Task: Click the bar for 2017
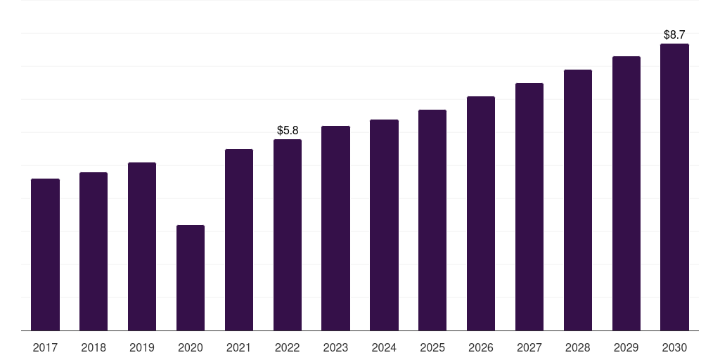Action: [x=45, y=255]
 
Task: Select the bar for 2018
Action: [x=94, y=251]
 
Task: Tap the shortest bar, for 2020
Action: [x=191, y=278]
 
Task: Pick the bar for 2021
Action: [x=239, y=240]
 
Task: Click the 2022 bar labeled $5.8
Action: [x=288, y=235]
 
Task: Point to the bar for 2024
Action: [x=385, y=225]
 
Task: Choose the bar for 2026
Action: [x=481, y=214]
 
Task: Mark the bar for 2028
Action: [x=578, y=200]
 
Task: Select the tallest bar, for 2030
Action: [x=674, y=187]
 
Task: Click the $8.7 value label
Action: [x=674, y=35]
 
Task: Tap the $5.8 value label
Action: [x=288, y=130]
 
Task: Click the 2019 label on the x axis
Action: [x=142, y=347]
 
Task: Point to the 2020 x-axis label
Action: [x=191, y=347]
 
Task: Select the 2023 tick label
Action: [x=335, y=347]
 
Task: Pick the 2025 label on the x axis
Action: [x=432, y=347]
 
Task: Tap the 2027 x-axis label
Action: [x=529, y=347]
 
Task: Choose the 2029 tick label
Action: [x=626, y=347]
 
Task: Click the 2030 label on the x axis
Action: [x=674, y=347]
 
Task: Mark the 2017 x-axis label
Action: [x=45, y=347]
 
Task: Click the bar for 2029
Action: [x=626, y=193]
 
